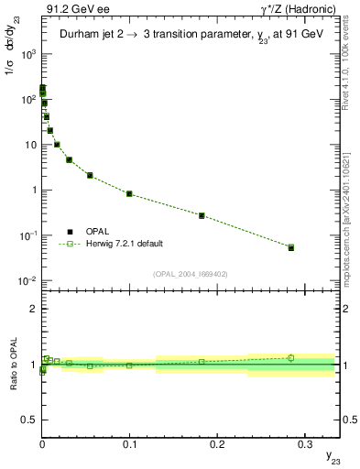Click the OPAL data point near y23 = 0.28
(291, 247)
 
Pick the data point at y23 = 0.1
(129, 193)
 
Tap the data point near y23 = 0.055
(90, 175)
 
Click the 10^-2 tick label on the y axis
(25, 281)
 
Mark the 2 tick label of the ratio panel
(32, 309)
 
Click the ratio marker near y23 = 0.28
(291, 358)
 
